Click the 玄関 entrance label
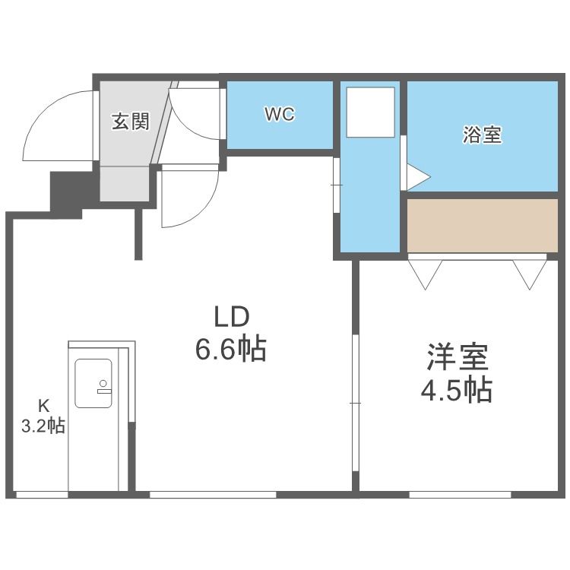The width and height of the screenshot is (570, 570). coord(130,122)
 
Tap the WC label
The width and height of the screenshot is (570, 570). coord(279,114)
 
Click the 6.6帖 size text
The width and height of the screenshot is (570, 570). coord(230,350)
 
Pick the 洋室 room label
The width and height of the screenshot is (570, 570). coord(456,356)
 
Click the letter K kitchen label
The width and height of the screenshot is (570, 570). coord(43,405)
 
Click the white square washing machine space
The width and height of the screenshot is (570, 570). coord(370,112)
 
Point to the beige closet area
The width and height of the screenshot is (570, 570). coord(482,226)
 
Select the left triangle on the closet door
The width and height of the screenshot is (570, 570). coord(426,273)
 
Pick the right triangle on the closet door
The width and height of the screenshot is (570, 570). coord(529,273)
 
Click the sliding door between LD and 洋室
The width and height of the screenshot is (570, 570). coord(355,403)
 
